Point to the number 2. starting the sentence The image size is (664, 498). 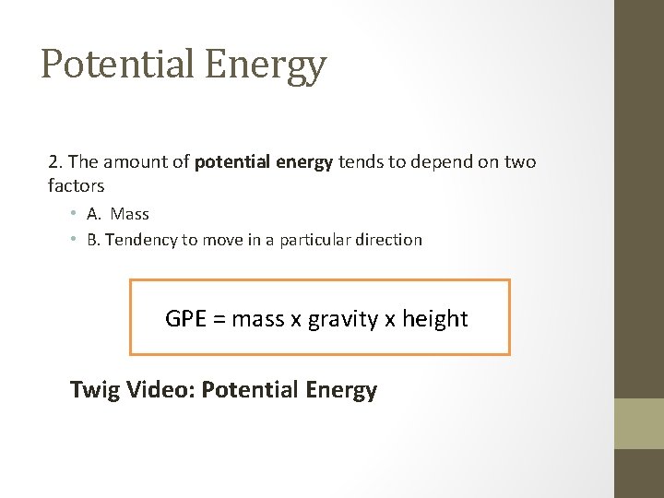pyautogui.click(x=54, y=162)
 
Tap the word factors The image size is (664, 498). pyautogui.click(x=77, y=185)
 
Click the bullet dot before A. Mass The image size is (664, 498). pyautogui.click(x=72, y=214)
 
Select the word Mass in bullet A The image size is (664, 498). pyautogui.click(x=130, y=214)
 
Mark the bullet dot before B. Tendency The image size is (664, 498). pyautogui.click(x=72, y=240)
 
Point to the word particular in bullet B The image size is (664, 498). pyautogui.click(x=317, y=240)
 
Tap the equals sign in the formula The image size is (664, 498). pyautogui.click(x=220, y=320)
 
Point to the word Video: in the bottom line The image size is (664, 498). pyautogui.click(x=161, y=390)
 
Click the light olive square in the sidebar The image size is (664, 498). pyautogui.click(x=639, y=423)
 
